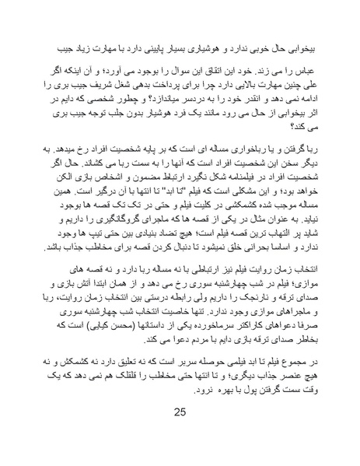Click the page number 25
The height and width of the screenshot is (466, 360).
tap(179, 434)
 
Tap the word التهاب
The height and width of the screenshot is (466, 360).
tap(292, 237)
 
